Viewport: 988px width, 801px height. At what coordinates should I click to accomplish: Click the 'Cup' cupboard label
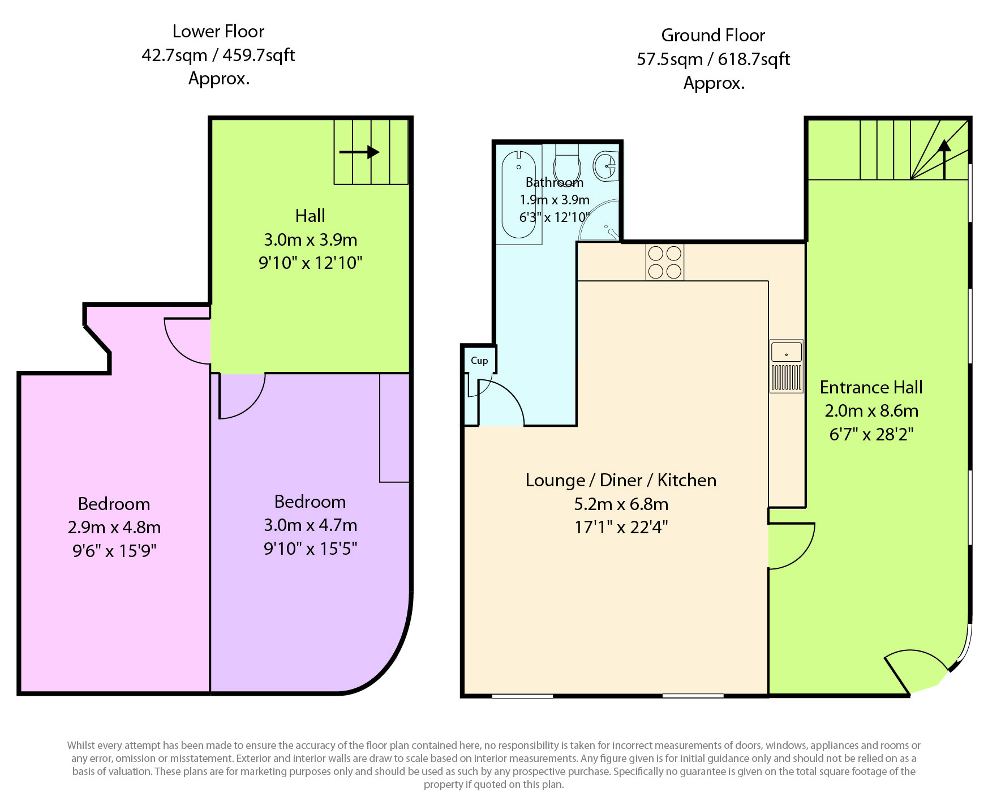[479, 361]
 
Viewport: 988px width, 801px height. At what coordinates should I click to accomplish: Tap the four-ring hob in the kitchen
[665, 262]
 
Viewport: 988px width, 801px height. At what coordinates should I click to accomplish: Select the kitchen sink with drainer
[786, 366]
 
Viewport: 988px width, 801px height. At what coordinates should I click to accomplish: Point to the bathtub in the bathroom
[519, 194]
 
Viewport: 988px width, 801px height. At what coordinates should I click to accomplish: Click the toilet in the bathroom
[567, 163]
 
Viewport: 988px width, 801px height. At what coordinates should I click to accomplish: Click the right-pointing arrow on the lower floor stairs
[359, 152]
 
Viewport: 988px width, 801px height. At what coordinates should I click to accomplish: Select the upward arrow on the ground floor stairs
[944, 159]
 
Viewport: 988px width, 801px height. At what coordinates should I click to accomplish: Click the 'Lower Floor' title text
[218, 31]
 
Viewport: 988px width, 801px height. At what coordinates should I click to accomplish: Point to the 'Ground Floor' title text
[713, 35]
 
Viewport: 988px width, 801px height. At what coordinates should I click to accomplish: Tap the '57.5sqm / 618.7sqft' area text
[713, 59]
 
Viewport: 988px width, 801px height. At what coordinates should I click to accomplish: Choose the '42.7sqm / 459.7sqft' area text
[218, 55]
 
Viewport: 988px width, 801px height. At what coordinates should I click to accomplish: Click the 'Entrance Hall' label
[871, 387]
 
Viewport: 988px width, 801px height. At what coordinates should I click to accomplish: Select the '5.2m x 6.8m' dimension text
[621, 504]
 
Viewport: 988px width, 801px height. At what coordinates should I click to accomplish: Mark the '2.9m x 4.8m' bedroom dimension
[114, 527]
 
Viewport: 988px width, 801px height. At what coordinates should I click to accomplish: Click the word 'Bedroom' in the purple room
[310, 502]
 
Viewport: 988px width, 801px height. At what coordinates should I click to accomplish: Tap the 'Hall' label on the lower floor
[310, 216]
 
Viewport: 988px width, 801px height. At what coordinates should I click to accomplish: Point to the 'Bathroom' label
[555, 182]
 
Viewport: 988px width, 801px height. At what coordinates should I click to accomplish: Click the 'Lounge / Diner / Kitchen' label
[621, 480]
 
